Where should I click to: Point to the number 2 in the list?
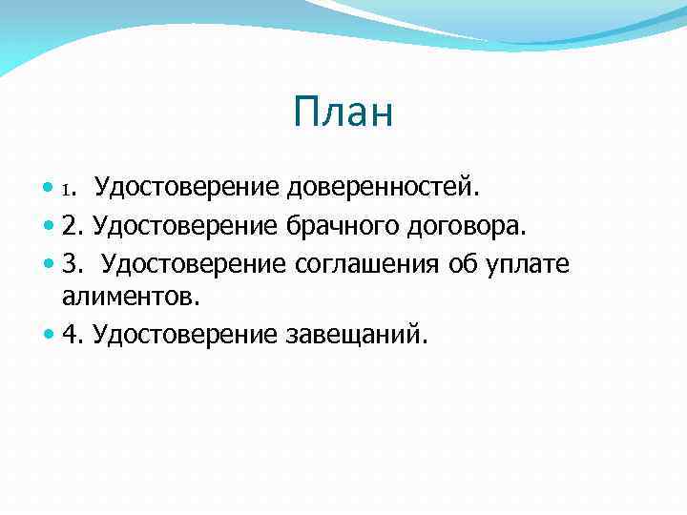coord(69,225)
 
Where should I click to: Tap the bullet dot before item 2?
coord(49,226)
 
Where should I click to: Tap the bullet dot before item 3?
coord(49,263)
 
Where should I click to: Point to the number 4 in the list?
coord(69,334)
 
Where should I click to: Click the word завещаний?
coord(357,334)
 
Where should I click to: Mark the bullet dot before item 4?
coord(49,335)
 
